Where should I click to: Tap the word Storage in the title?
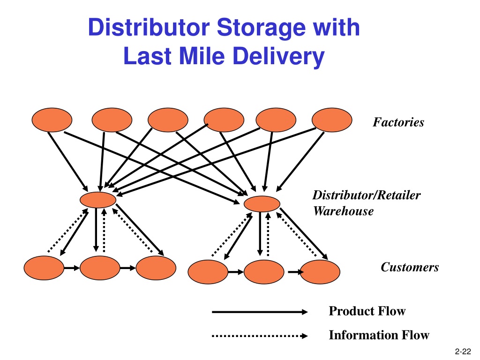pyautogui.click(x=261, y=28)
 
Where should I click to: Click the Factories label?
pyautogui.click(x=398, y=122)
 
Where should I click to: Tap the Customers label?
pyautogui.click(x=410, y=267)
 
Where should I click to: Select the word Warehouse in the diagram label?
pyautogui.click(x=343, y=211)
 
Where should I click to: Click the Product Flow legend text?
pyautogui.click(x=367, y=311)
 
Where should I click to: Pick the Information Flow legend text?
pyautogui.click(x=379, y=335)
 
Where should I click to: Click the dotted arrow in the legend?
pyautogui.click(x=260, y=336)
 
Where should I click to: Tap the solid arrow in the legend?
pyautogui.click(x=260, y=312)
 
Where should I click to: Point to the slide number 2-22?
pyautogui.click(x=463, y=352)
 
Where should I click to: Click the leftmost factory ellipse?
pyautogui.click(x=52, y=120)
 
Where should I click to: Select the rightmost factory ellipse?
pyautogui.click(x=332, y=120)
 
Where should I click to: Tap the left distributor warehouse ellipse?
pyautogui.click(x=98, y=200)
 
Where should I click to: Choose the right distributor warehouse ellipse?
pyautogui.click(x=262, y=204)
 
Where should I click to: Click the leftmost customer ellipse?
pyautogui.click(x=44, y=268)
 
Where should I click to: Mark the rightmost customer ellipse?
pyautogui.click(x=320, y=272)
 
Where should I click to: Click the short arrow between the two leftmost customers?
pyautogui.click(x=72, y=268)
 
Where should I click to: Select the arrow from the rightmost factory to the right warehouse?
pyautogui.click(x=300, y=162)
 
